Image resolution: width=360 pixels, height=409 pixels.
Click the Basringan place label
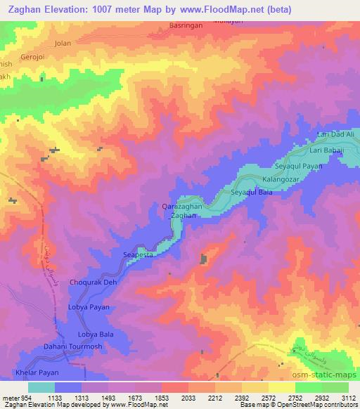(x=186, y=25)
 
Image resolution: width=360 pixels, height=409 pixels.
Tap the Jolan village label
(x=63, y=43)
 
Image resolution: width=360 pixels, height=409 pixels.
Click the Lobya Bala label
(x=95, y=335)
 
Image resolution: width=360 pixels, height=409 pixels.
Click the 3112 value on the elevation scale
(x=347, y=397)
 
